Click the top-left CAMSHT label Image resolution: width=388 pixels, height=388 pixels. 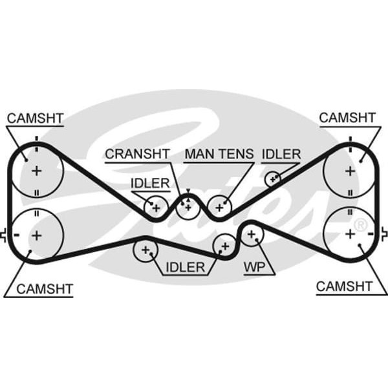tap(35, 118)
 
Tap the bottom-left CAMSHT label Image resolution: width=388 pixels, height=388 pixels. tap(45, 288)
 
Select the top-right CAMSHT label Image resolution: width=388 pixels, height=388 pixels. tap(347, 118)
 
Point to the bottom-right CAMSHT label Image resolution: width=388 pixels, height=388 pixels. tap(344, 286)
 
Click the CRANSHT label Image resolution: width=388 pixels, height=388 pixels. tap(137, 154)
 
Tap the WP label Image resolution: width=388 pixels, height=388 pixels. tap(253, 266)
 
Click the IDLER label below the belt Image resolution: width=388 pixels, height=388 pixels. tap(185, 266)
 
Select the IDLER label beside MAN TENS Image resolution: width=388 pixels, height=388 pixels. tap(281, 154)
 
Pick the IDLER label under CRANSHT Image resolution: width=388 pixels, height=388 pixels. tap(149, 183)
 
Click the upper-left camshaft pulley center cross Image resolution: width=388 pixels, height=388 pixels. tap(36, 171)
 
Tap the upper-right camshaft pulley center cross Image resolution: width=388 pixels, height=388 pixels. tap(350, 171)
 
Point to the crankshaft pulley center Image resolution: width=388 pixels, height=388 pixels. tap(188, 207)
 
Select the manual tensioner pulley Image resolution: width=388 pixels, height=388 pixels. tap(219, 207)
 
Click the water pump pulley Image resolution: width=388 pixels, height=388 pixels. tap(252, 235)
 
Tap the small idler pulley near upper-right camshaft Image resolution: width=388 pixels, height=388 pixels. tap(274, 177)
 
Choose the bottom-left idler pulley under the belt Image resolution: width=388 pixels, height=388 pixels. tap(145, 249)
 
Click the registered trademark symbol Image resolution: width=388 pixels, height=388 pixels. tap(361, 224)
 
